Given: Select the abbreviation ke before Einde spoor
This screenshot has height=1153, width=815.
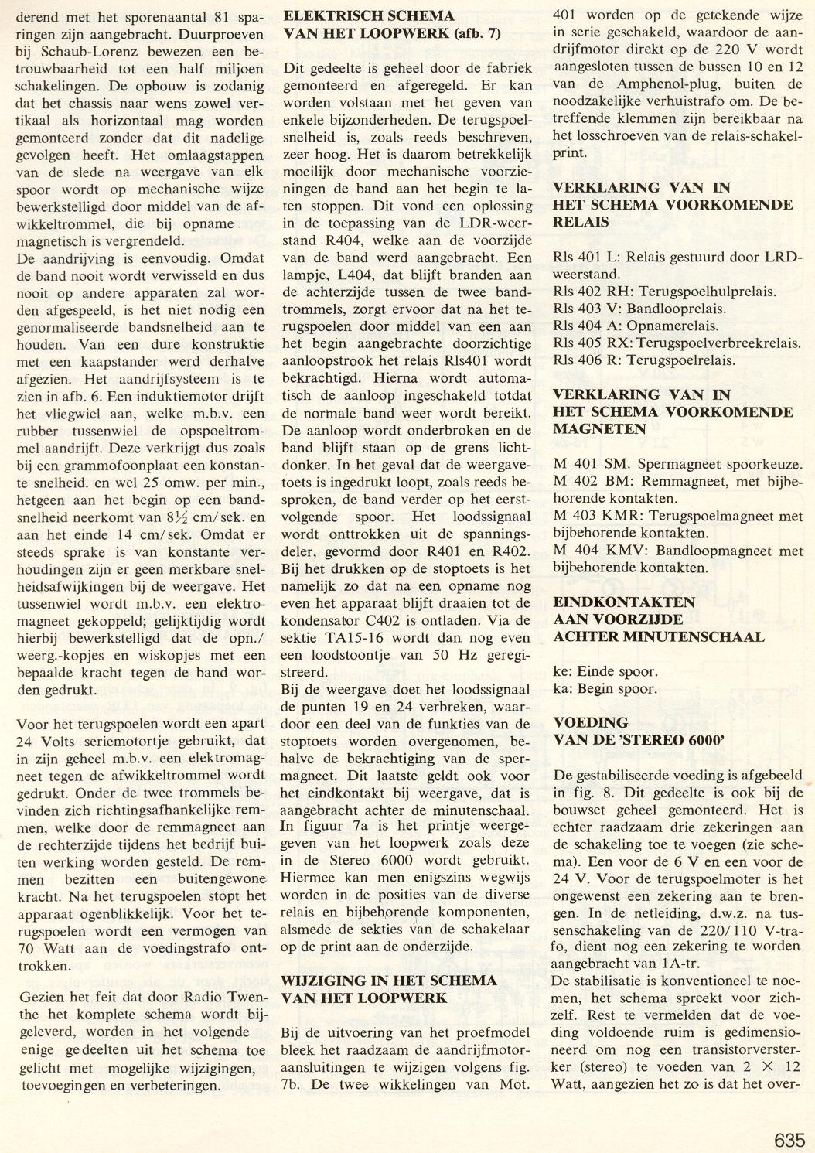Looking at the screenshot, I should [x=562, y=671].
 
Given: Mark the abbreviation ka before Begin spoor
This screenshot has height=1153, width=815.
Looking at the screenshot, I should [x=562, y=688].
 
